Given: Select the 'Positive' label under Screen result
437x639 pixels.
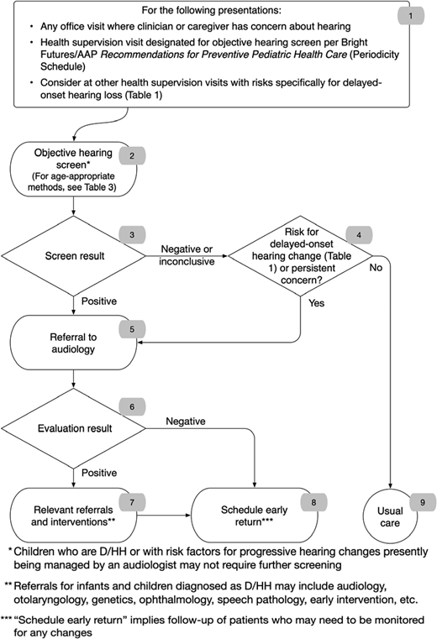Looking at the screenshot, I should [98, 300].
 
